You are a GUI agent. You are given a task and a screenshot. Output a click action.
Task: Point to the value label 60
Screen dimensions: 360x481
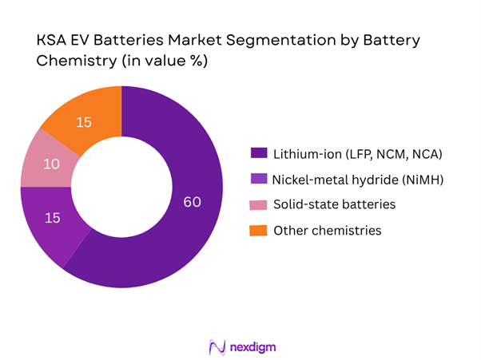(192, 203)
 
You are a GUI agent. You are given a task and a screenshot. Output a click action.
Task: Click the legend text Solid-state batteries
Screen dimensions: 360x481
(334, 204)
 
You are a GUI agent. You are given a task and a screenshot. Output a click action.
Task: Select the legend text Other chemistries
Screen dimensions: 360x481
(327, 230)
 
